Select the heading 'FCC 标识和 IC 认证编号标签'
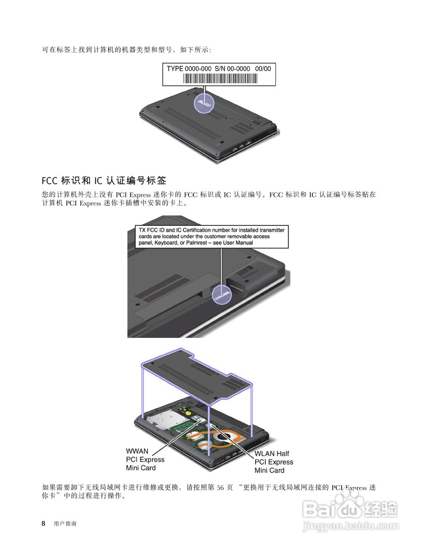104,180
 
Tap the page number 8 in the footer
43,523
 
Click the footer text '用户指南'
65,524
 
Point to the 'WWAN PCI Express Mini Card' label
145,459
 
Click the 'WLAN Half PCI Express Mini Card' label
274,462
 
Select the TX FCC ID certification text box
211,236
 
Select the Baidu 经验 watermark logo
350,509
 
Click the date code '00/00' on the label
263,69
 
